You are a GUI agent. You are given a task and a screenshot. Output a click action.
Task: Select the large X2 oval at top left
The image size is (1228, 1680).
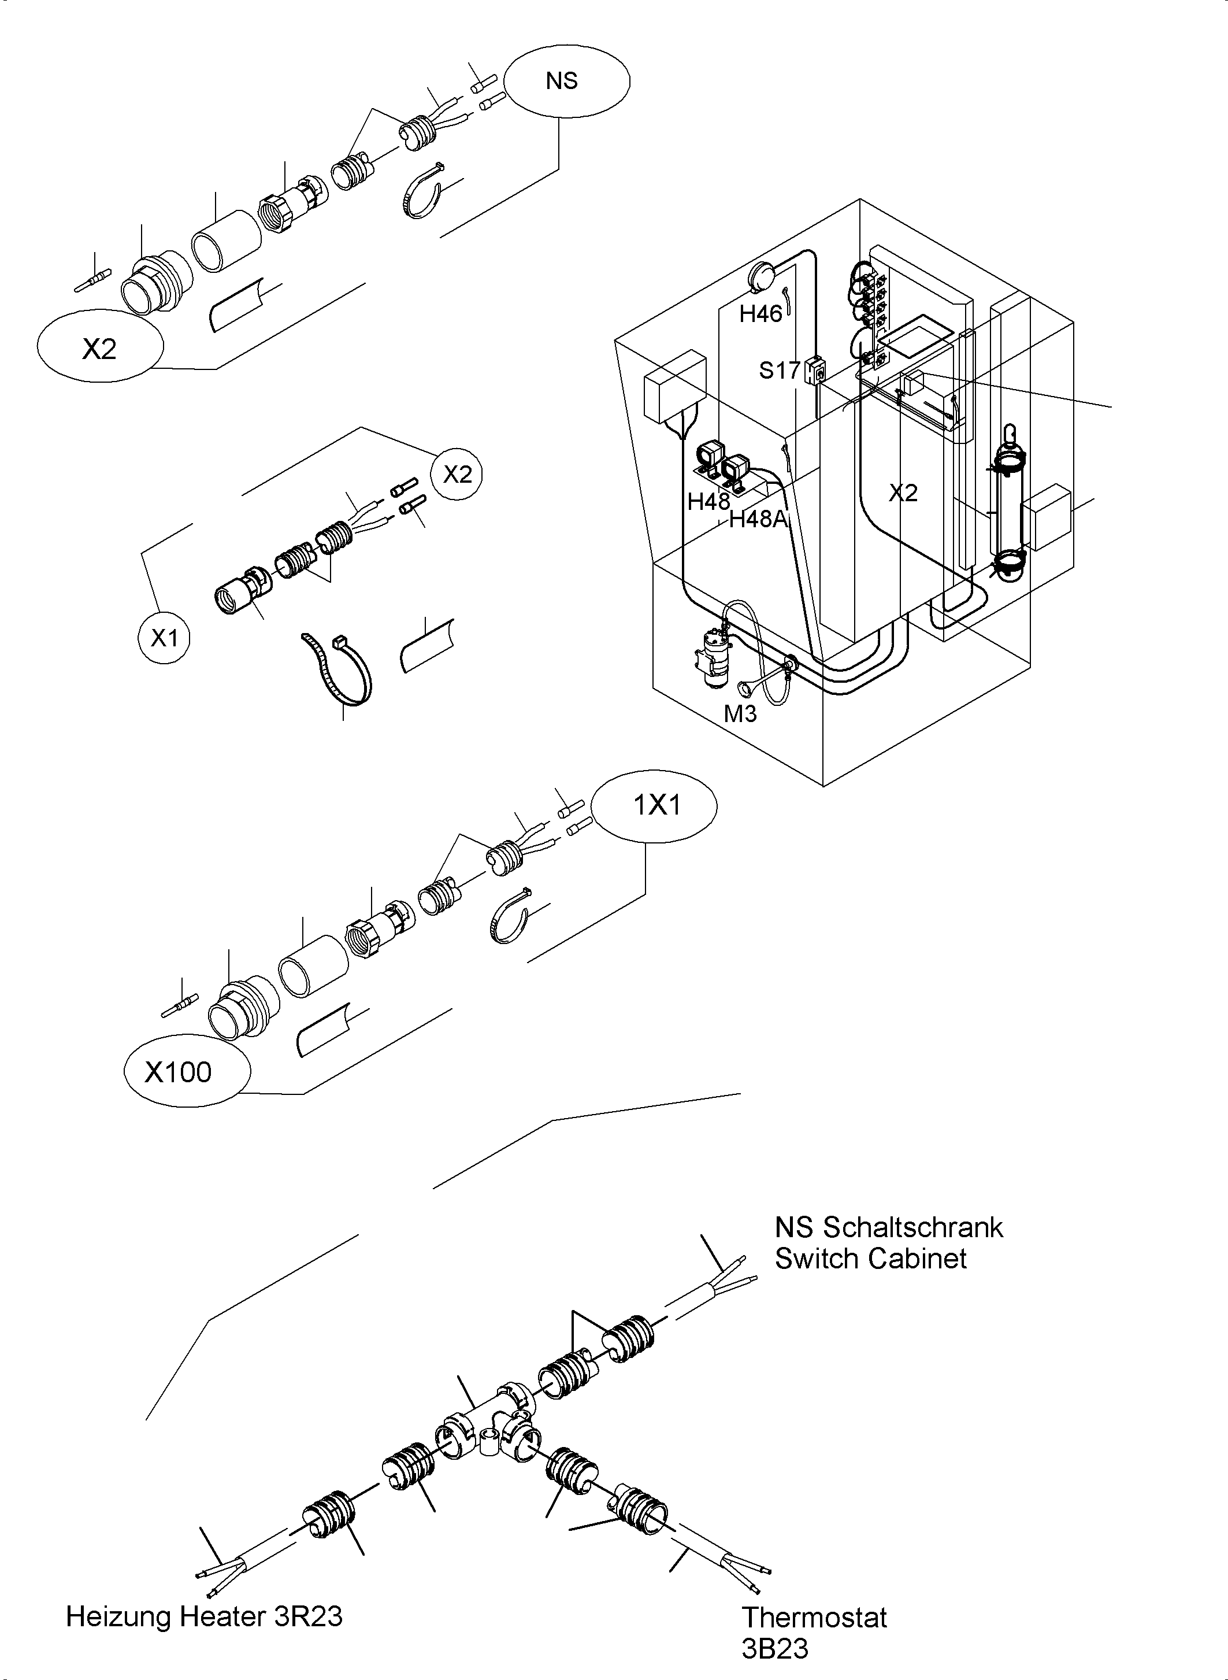99,346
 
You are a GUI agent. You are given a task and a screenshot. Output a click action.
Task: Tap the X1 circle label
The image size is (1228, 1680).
164,637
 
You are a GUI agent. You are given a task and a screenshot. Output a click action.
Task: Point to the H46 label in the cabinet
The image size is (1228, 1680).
760,314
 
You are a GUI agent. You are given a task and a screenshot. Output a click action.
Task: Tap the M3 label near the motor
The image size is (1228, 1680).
740,713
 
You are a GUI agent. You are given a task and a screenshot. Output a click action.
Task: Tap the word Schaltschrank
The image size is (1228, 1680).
913,1228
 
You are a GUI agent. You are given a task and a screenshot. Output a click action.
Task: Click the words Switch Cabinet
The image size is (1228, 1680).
870,1259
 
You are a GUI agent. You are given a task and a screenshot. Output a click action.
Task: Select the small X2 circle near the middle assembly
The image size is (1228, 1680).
457,473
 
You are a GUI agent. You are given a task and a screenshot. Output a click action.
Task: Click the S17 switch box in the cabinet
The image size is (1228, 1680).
815,369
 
